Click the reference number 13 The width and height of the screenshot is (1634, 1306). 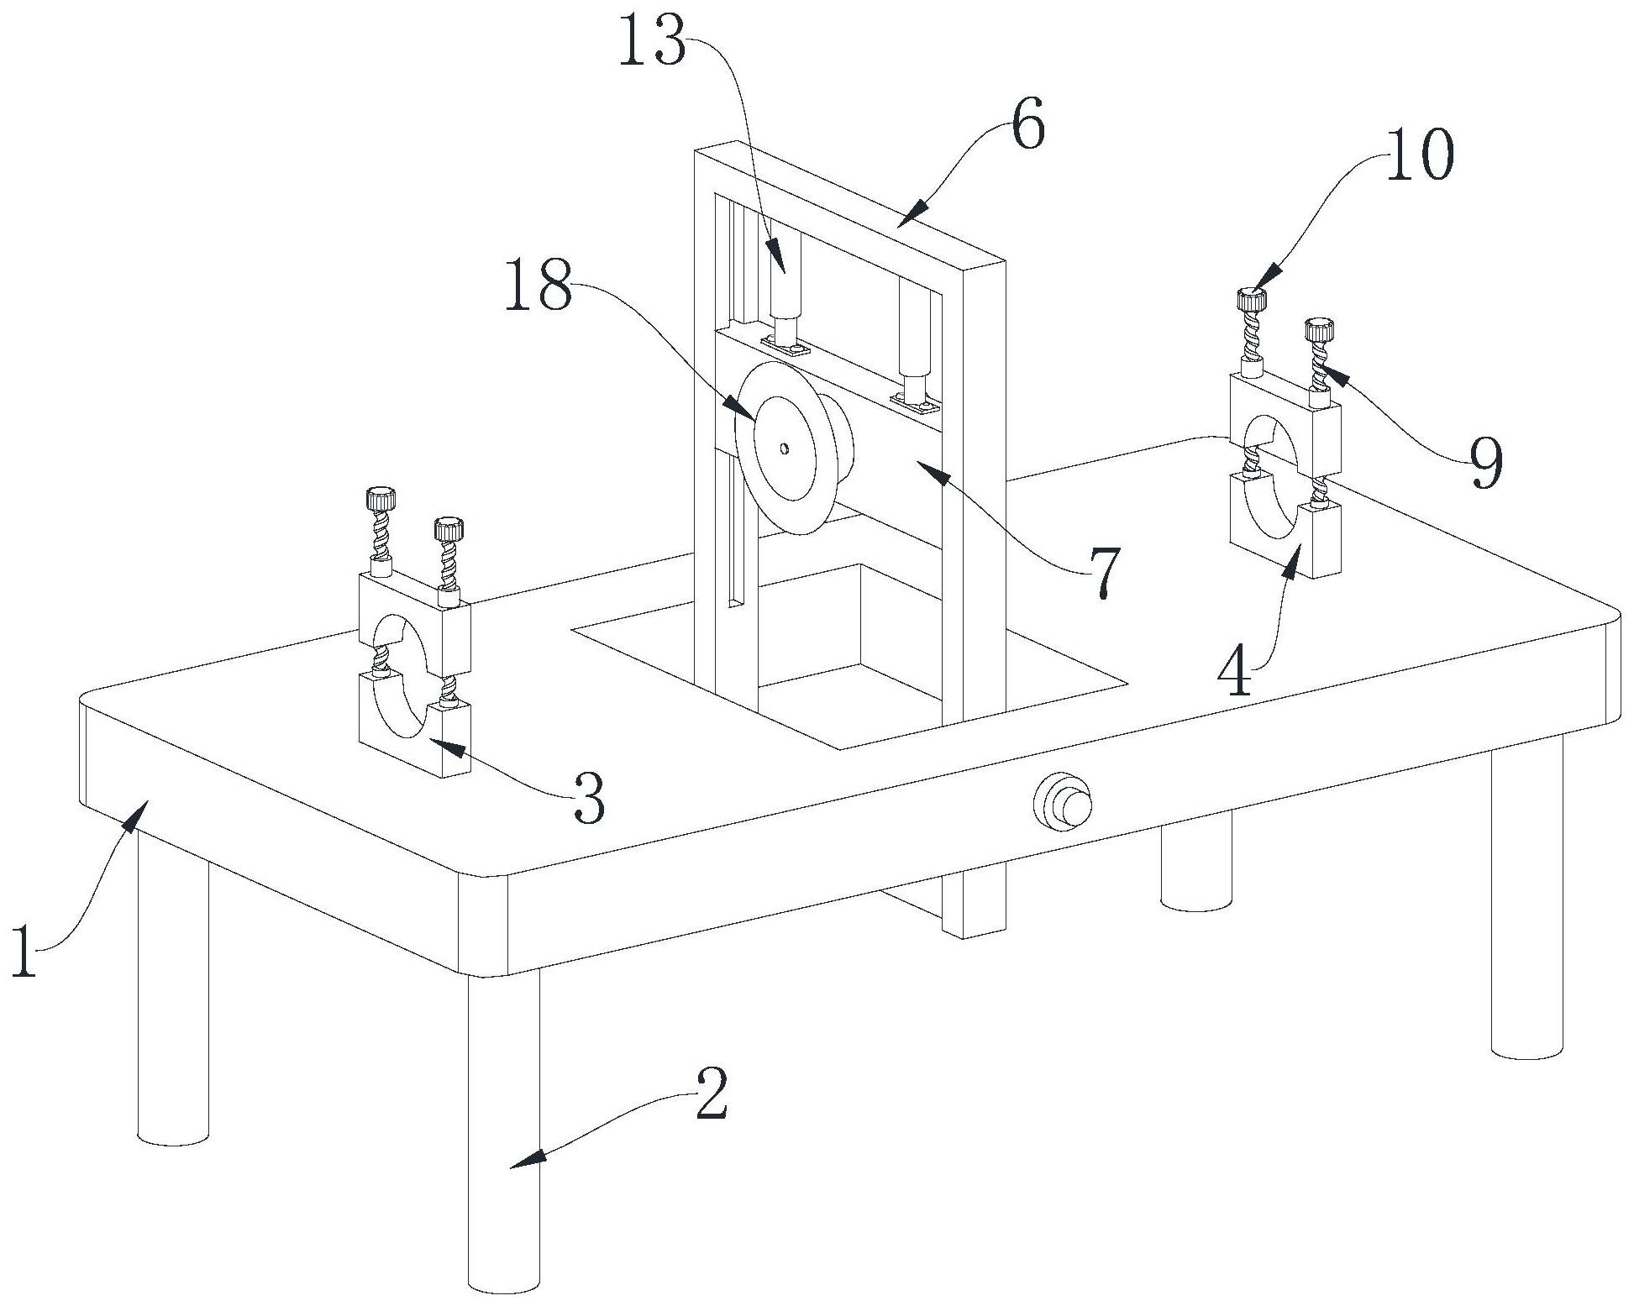[653, 40]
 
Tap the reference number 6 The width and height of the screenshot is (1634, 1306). [1027, 124]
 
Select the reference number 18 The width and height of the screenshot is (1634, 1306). [539, 286]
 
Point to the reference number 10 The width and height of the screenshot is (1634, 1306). [1419, 156]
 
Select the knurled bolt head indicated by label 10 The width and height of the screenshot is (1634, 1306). [1251, 299]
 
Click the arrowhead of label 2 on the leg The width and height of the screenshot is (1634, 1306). [524, 1160]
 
